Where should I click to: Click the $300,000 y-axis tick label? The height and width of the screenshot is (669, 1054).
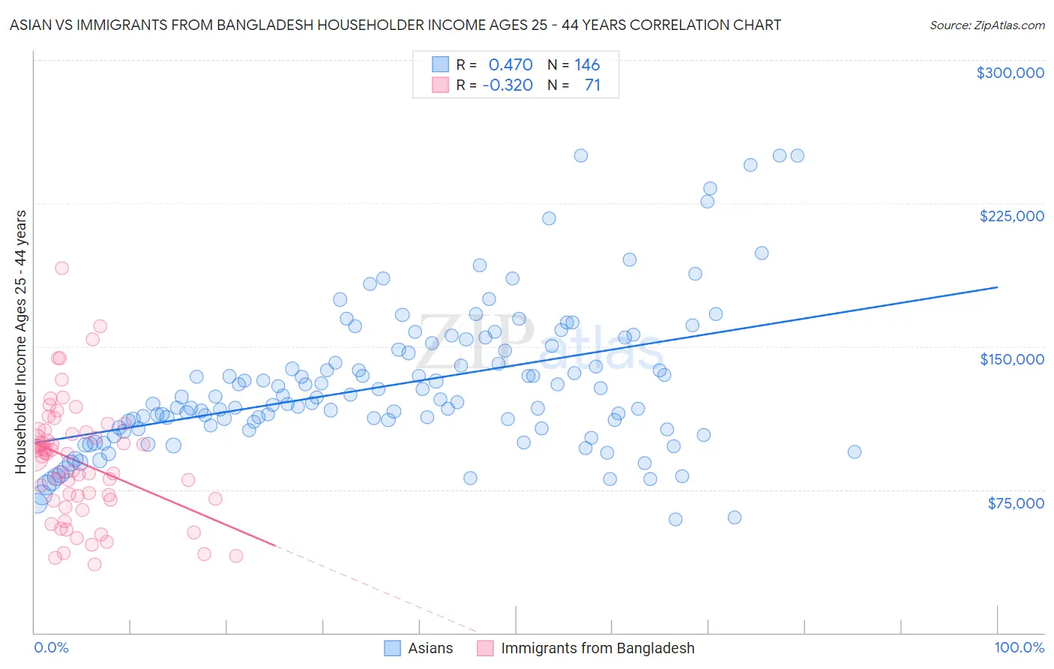pyautogui.click(x=1010, y=73)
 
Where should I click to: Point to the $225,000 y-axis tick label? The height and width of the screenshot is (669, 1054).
pyautogui.click(x=1011, y=216)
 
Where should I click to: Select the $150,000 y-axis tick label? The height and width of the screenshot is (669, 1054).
pyautogui.click(x=1011, y=359)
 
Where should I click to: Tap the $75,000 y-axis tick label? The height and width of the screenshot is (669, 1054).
pyautogui.click(x=1015, y=503)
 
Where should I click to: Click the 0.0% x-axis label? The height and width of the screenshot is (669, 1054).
pyautogui.click(x=51, y=648)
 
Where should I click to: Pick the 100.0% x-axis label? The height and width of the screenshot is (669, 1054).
pyautogui.click(x=1019, y=648)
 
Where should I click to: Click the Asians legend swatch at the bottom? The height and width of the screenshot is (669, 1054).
pyautogui.click(x=393, y=648)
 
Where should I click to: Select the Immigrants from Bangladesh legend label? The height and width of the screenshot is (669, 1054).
pyautogui.click(x=597, y=648)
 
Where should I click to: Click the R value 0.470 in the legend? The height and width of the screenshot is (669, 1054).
pyautogui.click(x=510, y=65)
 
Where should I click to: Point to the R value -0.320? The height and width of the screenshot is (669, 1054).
pyautogui.click(x=508, y=85)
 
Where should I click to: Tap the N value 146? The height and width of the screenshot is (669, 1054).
pyautogui.click(x=587, y=65)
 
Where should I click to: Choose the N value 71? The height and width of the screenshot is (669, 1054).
pyautogui.click(x=592, y=85)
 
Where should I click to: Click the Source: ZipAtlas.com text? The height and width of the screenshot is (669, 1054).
pyautogui.click(x=987, y=25)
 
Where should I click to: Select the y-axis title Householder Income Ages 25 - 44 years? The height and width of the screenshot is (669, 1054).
pyautogui.click(x=20, y=342)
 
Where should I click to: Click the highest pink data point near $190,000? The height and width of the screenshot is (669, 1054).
pyautogui.click(x=61, y=268)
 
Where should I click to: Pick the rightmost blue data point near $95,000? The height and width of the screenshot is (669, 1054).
pyautogui.click(x=854, y=451)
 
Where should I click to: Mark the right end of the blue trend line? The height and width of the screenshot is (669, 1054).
pyautogui.click(x=997, y=286)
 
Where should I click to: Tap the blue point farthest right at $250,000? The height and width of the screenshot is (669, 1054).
pyautogui.click(x=798, y=155)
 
